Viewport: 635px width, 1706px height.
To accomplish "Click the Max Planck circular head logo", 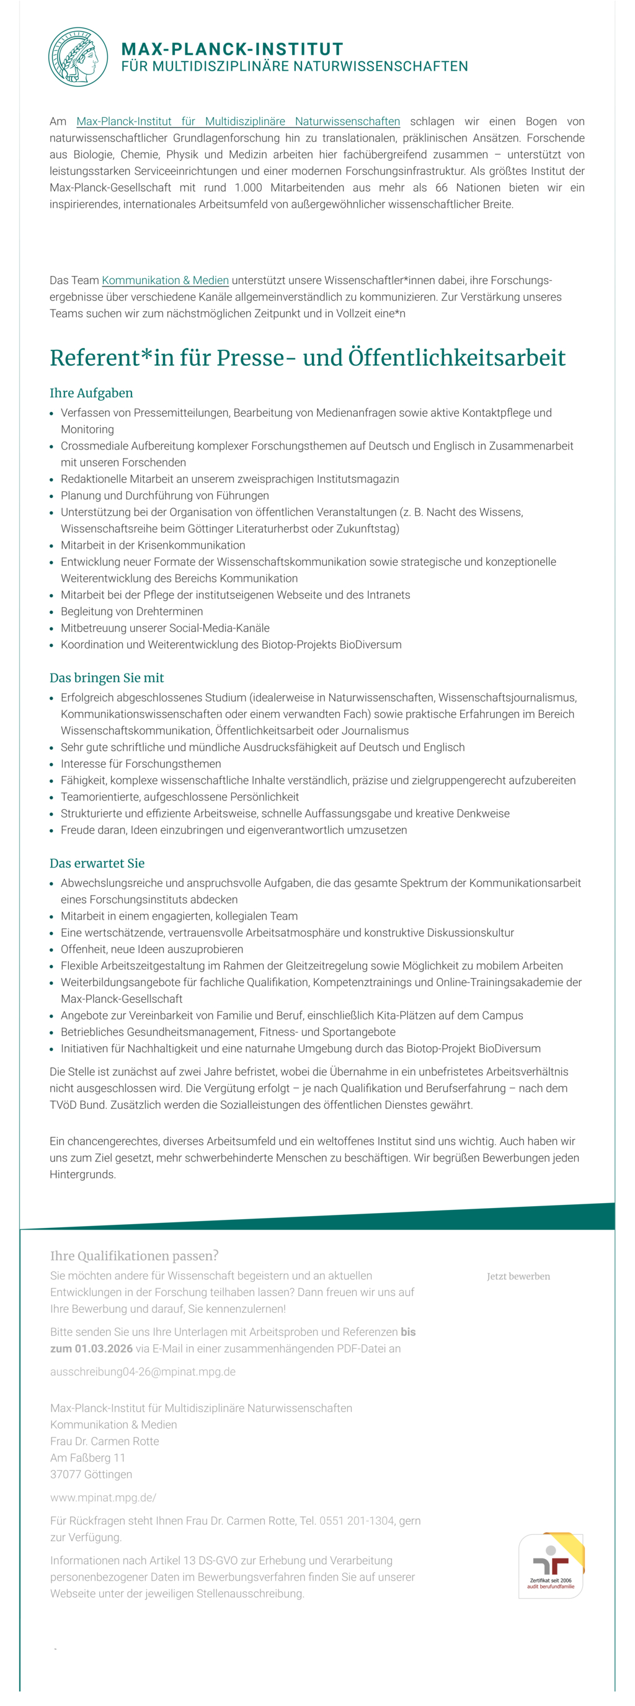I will tap(78, 57).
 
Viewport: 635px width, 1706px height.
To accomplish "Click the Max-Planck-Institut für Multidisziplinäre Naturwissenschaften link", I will tap(238, 121).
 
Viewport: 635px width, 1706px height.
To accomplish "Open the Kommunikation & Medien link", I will tap(165, 280).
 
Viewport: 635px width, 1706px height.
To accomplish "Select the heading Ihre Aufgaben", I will tap(91, 393).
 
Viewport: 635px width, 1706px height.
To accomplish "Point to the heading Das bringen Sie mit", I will tap(106, 677).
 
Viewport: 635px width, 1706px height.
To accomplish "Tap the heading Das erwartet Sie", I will tap(97, 863).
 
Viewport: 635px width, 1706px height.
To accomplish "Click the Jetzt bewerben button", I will tap(518, 1276).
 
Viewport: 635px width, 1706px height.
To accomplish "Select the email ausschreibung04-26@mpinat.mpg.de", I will tap(143, 1372).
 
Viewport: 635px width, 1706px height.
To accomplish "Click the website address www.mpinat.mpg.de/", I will tap(103, 1498).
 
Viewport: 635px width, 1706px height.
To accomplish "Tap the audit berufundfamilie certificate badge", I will tap(550, 1566).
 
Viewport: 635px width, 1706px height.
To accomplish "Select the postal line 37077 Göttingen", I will tap(91, 1474).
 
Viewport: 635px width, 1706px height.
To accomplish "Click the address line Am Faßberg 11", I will tap(87, 1458).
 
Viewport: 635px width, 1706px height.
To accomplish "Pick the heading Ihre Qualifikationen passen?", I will tap(134, 1256).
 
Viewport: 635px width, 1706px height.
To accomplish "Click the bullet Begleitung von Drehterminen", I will tap(131, 611).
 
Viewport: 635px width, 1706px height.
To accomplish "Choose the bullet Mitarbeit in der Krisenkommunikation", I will tap(153, 545).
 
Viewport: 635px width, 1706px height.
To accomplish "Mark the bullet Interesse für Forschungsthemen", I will tap(140, 763).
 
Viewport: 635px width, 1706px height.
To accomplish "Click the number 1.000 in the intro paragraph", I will tap(248, 187).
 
